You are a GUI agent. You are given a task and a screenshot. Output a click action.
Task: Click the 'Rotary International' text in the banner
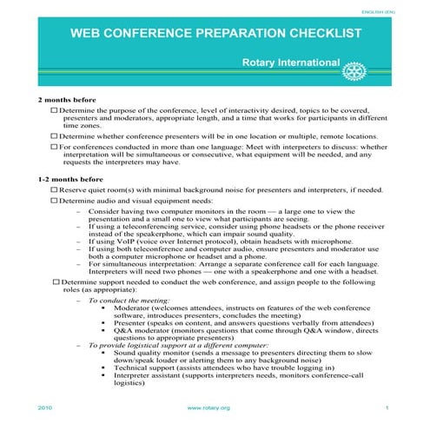tap(289, 63)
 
